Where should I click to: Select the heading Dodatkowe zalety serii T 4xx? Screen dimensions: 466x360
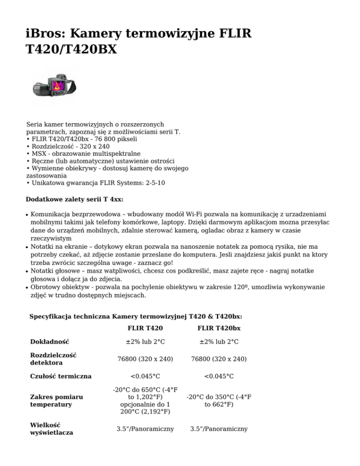pyautogui.click(x=75, y=199)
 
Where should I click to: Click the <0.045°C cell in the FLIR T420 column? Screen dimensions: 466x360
pyautogui.click(x=145, y=376)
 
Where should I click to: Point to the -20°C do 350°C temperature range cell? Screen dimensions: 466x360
pyautogui.click(x=219, y=400)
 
